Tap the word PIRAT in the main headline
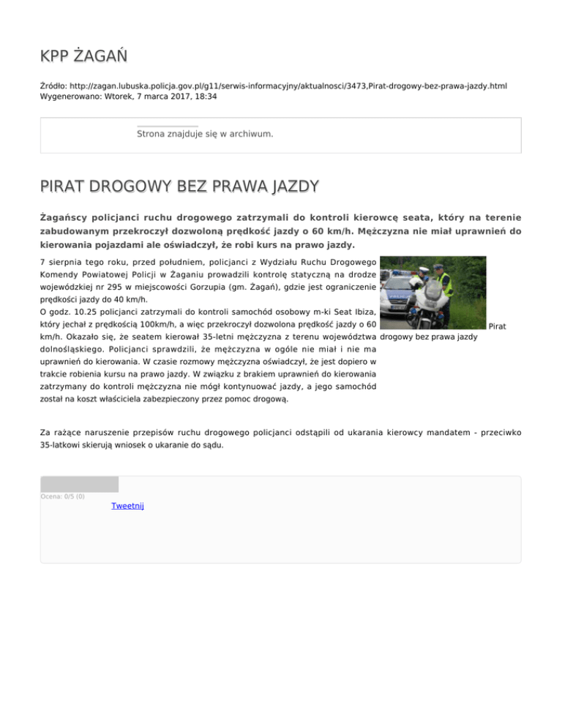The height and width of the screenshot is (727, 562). (70, 187)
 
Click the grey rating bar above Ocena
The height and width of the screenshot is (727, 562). (79, 483)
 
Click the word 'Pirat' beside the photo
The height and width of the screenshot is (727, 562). (496, 325)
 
